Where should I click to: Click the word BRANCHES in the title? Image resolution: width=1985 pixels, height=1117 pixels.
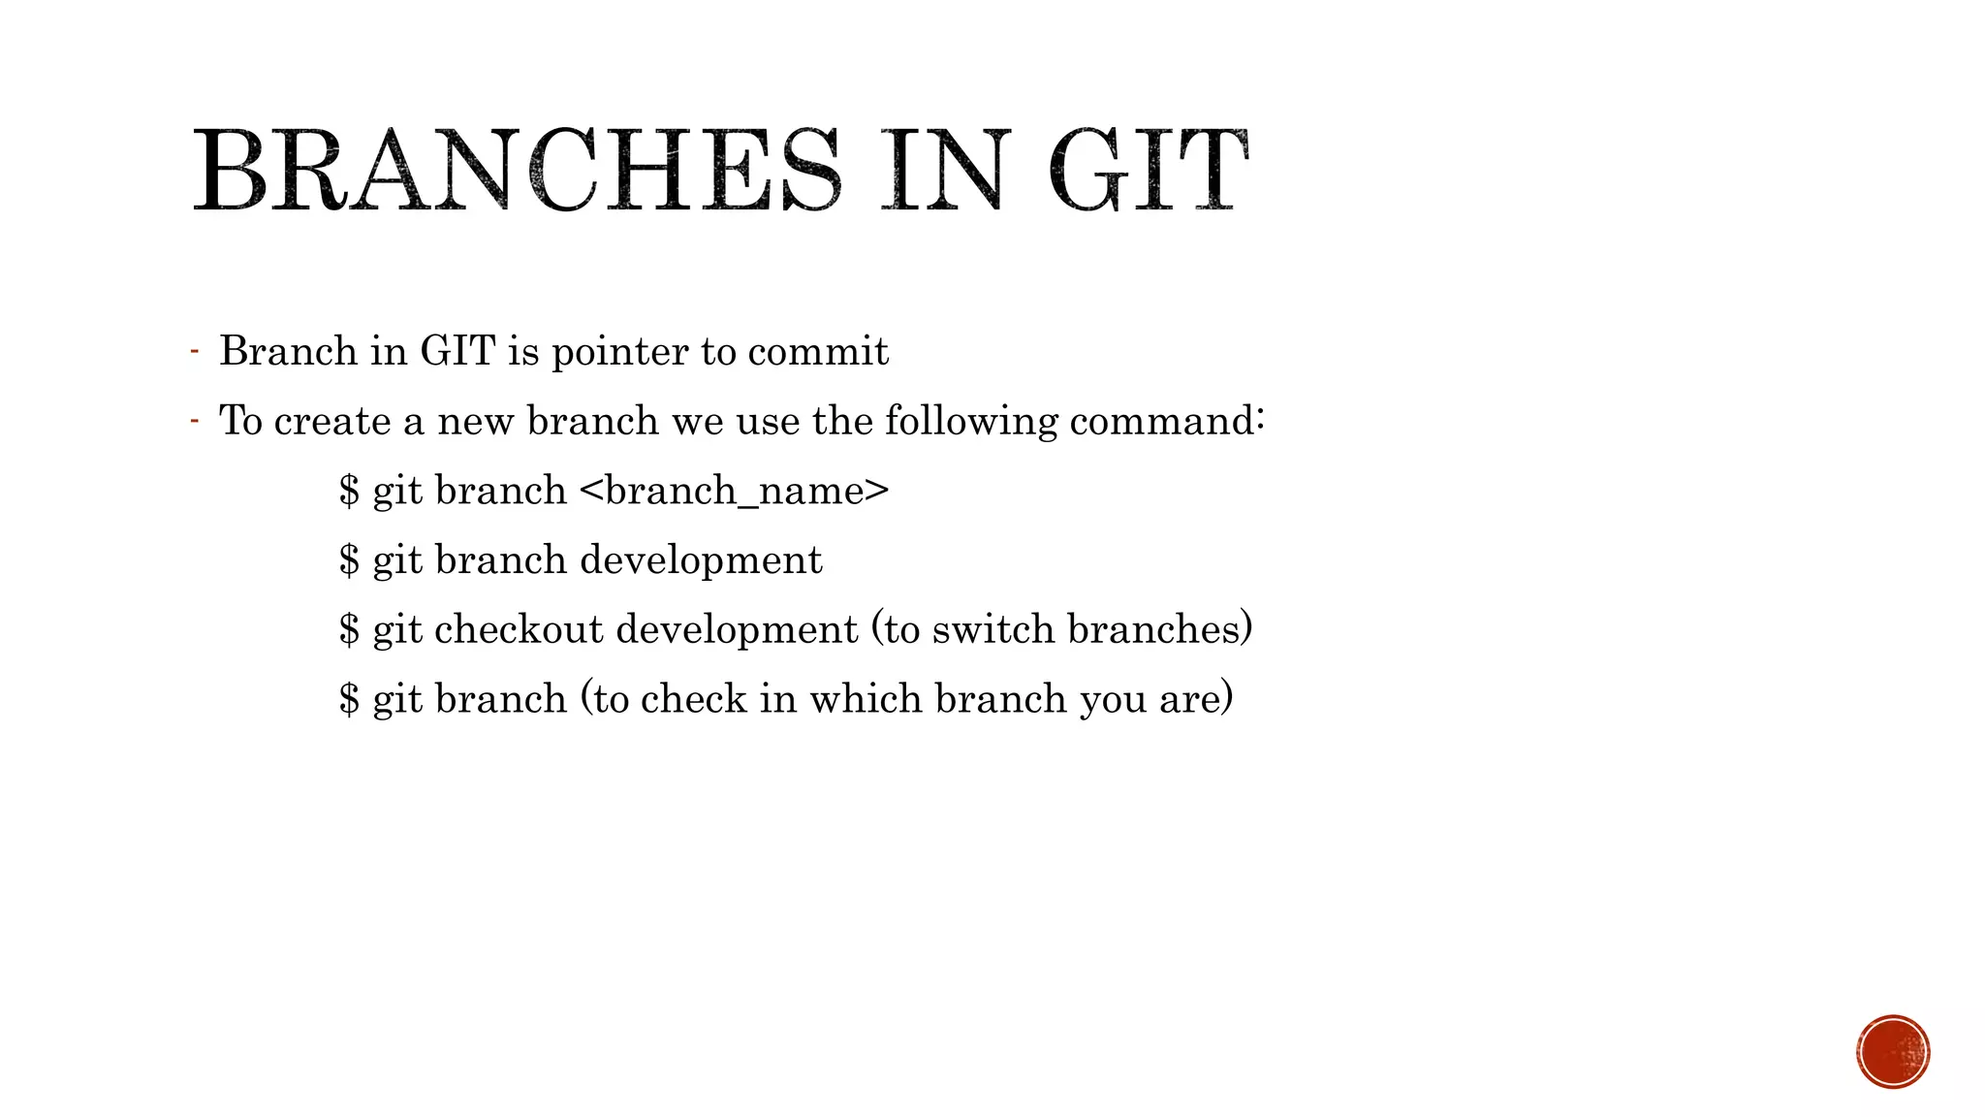[x=517, y=172]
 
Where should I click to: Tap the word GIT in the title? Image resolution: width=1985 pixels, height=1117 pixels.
[x=1149, y=172]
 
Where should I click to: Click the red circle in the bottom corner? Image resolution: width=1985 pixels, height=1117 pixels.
[x=1893, y=1052]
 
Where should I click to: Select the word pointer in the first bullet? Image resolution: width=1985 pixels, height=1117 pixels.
[x=619, y=352]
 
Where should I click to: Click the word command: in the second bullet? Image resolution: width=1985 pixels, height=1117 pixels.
[x=1167, y=422]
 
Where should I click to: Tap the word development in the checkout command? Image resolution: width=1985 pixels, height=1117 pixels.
[x=737, y=630]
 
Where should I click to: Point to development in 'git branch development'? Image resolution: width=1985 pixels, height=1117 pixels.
[x=701, y=561]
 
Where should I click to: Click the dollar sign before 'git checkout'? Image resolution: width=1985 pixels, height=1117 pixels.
[x=349, y=630]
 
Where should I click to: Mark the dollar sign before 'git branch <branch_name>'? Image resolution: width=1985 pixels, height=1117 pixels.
[x=349, y=492]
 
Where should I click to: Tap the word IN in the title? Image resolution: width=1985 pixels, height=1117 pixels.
[x=940, y=172]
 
